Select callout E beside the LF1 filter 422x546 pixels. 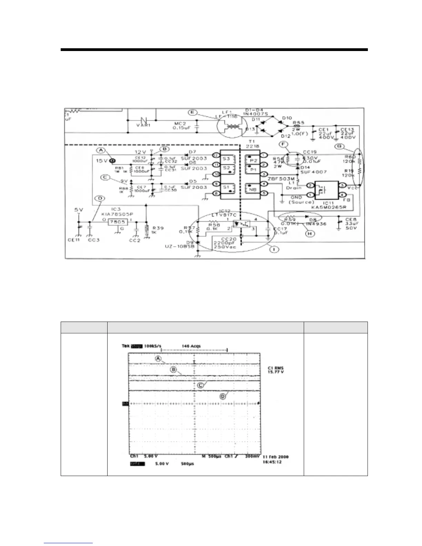(192, 112)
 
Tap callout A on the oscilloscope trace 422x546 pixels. (158, 358)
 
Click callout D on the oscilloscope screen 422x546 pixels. (223, 396)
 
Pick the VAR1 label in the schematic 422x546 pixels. (143, 125)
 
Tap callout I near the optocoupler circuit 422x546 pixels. (274, 249)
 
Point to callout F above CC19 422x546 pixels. (283, 144)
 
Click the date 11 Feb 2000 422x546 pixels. (275, 457)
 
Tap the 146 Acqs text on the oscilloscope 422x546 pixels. (191, 346)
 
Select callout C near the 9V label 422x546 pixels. (105, 178)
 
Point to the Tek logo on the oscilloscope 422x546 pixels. (125, 346)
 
